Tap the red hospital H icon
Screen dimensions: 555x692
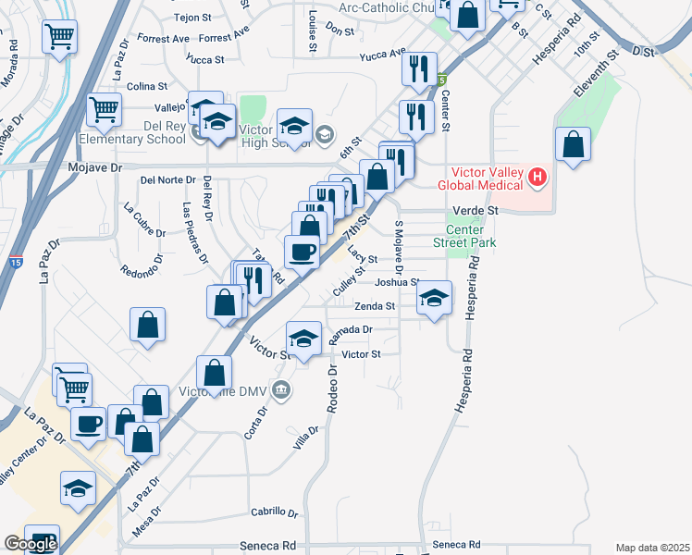pyautogui.click(x=537, y=175)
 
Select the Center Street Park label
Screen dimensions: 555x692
pyautogui.click(x=464, y=236)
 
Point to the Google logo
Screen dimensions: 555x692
pyautogui.click(x=30, y=544)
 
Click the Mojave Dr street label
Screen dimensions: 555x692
pyautogui.click(x=96, y=168)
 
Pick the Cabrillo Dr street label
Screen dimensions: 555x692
pyautogui.click(x=275, y=512)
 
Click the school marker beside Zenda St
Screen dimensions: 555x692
pyautogui.click(x=433, y=299)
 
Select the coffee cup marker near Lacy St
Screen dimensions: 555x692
pyautogui.click(x=301, y=252)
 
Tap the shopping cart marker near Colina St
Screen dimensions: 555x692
pyautogui.click(x=104, y=110)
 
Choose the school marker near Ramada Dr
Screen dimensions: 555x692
pyautogui.click(x=303, y=339)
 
